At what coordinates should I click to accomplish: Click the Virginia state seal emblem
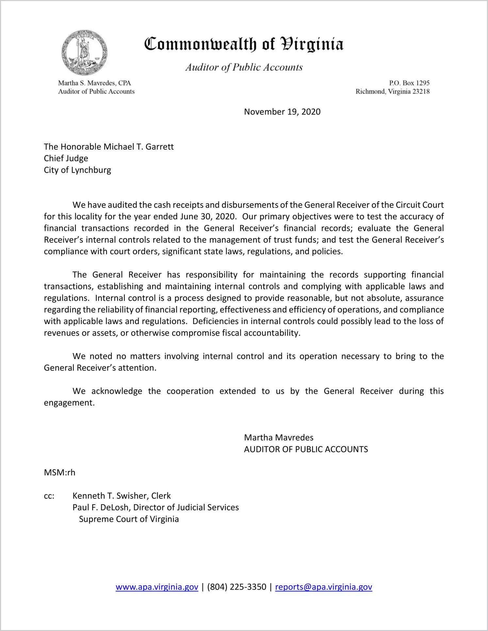tap(85, 53)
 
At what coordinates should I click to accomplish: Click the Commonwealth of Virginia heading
tap(244, 44)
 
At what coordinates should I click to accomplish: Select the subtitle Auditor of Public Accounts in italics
tap(244, 67)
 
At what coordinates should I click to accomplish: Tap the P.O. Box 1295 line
tap(409, 83)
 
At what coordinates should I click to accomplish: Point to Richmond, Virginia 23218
tap(392, 91)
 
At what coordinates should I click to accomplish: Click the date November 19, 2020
tap(282, 112)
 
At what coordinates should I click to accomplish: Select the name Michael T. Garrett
tap(138, 147)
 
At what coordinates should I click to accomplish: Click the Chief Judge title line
tap(66, 158)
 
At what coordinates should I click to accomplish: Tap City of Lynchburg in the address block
tap(77, 170)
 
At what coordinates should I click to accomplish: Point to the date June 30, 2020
tap(207, 217)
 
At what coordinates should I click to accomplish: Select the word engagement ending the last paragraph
tap(69, 403)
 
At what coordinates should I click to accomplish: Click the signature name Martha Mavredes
tap(279, 438)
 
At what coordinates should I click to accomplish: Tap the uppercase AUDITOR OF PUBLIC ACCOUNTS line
tap(306, 449)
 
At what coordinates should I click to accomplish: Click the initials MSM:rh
tap(59, 473)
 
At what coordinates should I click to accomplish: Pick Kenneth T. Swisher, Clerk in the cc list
tap(122, 496)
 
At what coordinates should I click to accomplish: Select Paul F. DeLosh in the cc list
tap(100, 507)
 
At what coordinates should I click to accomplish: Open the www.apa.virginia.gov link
tap(157, 587)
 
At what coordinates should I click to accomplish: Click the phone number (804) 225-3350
tap(236, 587)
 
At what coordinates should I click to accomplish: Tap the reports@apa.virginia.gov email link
tap(323, 587)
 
